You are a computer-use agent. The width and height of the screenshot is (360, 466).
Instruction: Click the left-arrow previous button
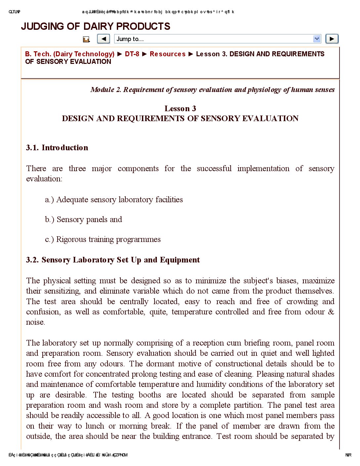pyautogui.click(x=104, y=39)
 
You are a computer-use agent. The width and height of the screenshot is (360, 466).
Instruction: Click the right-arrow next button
pyautogui.click(x=332, y=39)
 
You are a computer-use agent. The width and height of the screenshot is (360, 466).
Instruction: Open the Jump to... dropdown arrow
pyautogui.click(x=317, y=39)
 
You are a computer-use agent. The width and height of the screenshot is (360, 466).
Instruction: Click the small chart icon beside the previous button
pyautogui.click(x=86, y=39)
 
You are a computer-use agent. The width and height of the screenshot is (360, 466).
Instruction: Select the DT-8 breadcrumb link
pyautogui.click(x=132, y=54)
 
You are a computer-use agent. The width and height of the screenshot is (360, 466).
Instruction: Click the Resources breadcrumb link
pyautogui.click(x=167, y=54)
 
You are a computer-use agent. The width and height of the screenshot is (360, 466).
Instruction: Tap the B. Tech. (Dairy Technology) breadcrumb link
pyautogui.click(x=70, y=54)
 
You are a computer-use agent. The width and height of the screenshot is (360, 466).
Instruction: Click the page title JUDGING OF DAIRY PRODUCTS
pyautogui.click(x=96, y=26)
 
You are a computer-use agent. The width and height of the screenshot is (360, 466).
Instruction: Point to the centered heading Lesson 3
pyautogui.click(x=180, y=109)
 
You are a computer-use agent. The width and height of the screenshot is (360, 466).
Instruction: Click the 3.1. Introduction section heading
pyautogui.click(x=57, y=148)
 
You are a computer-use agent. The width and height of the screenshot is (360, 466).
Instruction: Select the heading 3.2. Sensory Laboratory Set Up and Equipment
pyautogui.click(x=113, y=260)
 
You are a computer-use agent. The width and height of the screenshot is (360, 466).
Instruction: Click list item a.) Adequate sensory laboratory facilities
pyautogui.click(x=114, y=200)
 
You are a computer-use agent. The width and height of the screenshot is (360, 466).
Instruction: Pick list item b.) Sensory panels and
pyautogui.click(x=83, y=219)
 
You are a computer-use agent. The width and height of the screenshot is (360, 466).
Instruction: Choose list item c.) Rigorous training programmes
pyautogui.click(x=103, y=239)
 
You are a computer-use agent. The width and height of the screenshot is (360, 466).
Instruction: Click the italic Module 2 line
pyautogui.click(x=212, y=90)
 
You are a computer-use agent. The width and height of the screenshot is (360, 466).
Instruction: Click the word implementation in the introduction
pyautogui.click(x=263, y=168)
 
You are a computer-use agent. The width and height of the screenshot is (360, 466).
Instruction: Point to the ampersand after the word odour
pyautogui.click(x=331, y=312)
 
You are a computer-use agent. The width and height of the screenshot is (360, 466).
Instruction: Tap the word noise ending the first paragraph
pyautogui.click(x=35, y=322)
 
